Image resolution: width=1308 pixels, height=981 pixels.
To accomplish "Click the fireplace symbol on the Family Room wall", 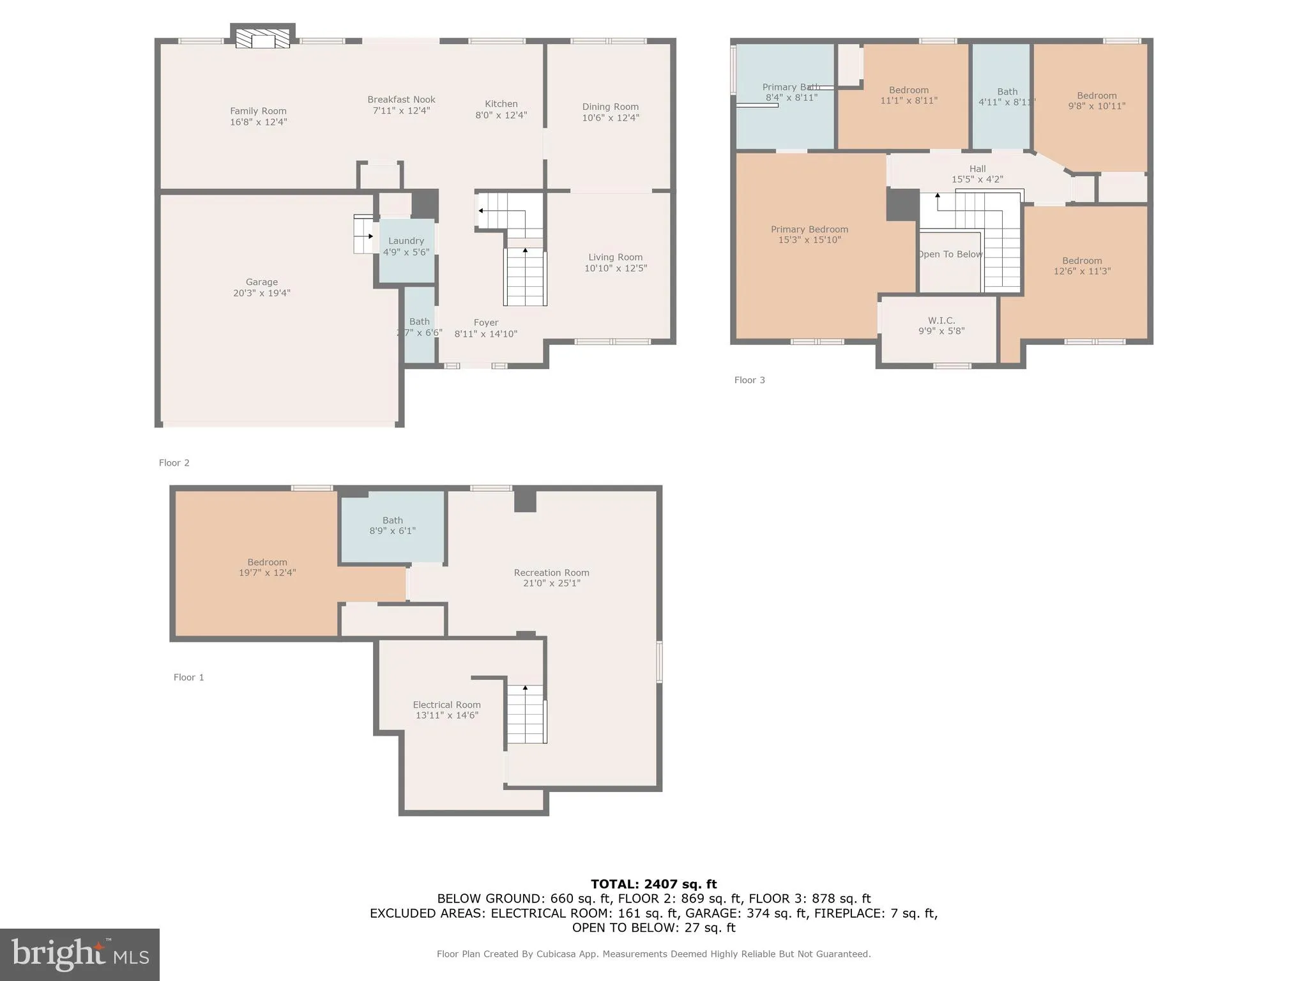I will pyautogui.click(x=262, y=38).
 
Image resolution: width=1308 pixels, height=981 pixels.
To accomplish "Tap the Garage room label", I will pyautogui.click(x=262, y=282).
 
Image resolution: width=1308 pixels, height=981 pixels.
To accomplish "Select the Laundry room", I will pyautogui.click(x=406, y=247).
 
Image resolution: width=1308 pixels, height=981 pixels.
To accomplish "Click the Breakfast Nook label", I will pyautogui.click(x=401, y=100).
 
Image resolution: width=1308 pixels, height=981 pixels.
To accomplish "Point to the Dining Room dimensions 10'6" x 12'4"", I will pyautogui.click(x=610, y=118).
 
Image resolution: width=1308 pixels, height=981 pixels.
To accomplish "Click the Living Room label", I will pyautogui.click(x=615, y=257).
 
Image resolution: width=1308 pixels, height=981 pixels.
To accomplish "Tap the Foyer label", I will pyautogui.click(x=485, y=323).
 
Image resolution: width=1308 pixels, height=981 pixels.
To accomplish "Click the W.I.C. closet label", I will pyautogui.click(x=941, y=321).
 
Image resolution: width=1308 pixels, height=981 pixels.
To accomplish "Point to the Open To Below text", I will pyautogui.click(x=950, y=254).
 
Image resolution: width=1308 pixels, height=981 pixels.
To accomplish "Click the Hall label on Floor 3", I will pyautogui.click(x=977, y=169).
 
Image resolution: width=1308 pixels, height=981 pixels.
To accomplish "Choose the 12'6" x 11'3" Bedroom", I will pyautogui.click(x=1081, y=266).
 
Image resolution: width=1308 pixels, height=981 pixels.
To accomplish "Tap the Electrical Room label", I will pyautogui.click(x=446, y=705).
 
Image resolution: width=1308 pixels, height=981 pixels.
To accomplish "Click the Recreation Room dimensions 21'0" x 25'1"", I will pyautogui.click(x=551, y=583).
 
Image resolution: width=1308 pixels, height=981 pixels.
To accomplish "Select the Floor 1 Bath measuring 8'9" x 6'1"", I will pyautogui.click(x=392, y=526).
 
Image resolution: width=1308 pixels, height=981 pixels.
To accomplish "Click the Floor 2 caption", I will pyautogui.click(x=174, y=463).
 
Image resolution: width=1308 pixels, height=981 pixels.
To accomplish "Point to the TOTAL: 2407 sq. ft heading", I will pyautogui.click(x=653, y=884).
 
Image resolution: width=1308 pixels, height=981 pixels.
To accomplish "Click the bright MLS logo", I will pyautogui.click(x=80, y=954).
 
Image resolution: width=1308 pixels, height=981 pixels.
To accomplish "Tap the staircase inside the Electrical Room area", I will pyautogui.click(x=526, y=714).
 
